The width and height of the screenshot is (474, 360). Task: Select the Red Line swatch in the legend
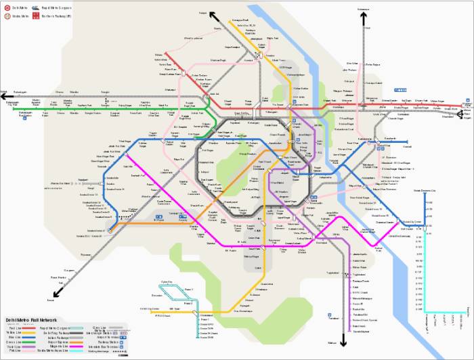click(x=29, y=327)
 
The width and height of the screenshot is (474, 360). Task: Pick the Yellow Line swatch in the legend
click(x=29, y=332)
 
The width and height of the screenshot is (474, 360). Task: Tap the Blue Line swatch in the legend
click(x=29, y=336)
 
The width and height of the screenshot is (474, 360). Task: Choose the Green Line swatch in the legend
click(x=29, y=341)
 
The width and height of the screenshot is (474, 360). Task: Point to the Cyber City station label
click(x=166, y=281)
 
